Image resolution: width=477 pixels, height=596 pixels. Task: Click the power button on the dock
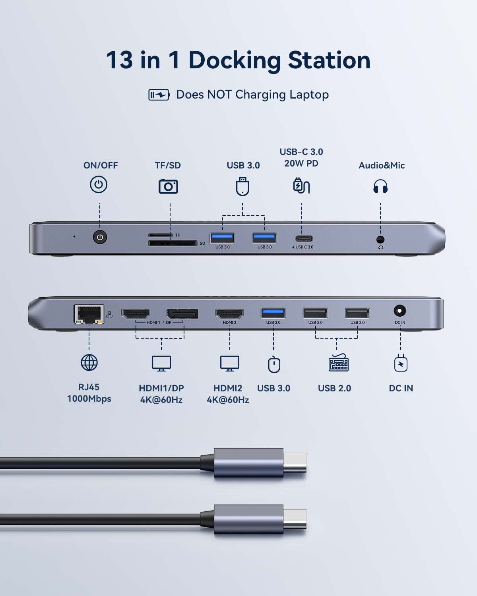100,237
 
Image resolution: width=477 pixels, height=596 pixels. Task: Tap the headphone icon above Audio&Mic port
380,186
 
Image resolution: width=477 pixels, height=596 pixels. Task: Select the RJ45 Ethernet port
89,314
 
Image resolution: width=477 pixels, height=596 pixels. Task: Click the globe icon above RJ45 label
89,362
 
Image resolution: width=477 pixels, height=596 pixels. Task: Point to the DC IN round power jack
399,311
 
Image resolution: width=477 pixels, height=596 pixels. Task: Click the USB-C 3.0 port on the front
304,239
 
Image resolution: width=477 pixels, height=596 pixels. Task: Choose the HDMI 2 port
229,314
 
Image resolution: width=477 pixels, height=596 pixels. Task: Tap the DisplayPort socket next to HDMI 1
182,314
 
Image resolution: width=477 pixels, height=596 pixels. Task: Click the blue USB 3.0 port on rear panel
273,313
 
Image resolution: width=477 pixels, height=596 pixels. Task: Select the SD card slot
173,243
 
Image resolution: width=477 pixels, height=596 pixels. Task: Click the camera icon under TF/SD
168,186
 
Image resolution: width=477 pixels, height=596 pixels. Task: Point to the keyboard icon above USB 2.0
338,363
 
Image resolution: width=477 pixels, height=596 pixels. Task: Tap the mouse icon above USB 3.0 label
274,365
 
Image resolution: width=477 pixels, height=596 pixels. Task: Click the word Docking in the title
235,60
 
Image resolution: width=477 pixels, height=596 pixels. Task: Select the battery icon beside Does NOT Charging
159,95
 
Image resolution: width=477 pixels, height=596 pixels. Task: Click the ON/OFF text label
101,165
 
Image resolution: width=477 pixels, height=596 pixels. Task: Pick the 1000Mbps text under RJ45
89,399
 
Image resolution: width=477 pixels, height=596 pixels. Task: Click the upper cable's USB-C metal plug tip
295,463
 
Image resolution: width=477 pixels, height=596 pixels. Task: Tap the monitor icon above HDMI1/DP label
161,363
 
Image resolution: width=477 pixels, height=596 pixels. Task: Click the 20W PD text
301,163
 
